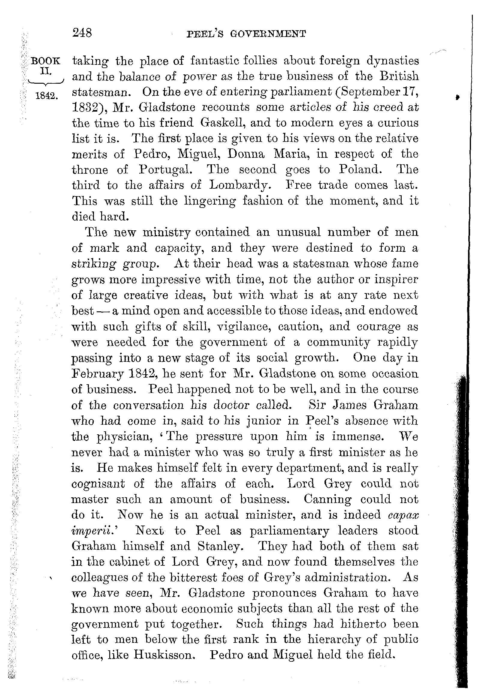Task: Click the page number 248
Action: point(82,32)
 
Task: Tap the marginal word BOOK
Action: point(46,61)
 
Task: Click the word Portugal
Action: point(165,169)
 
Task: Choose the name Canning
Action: point(328,499)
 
